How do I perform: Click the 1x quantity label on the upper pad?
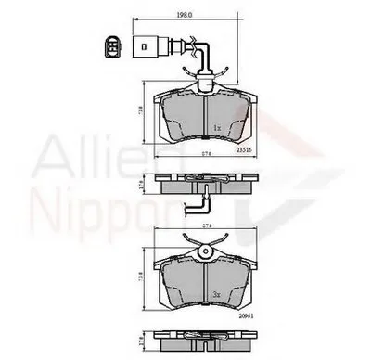(216, 126)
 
